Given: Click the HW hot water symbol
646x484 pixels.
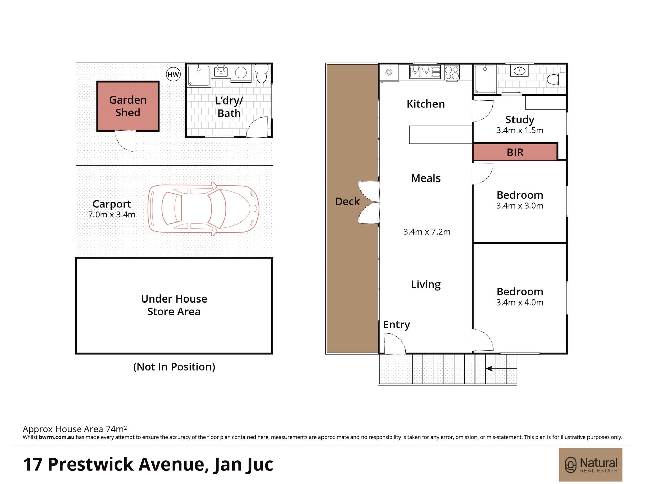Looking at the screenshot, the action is (x=173, y=74).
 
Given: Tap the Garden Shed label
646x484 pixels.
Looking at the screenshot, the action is (x=128, y=106).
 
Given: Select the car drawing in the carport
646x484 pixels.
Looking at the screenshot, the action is (x=203, y=208).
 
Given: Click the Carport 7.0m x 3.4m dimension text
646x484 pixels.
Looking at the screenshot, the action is (x=112, y=214).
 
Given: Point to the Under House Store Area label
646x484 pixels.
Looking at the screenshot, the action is (x=174, y=305).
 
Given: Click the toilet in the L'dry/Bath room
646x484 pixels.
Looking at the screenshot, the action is (x=261, y=74).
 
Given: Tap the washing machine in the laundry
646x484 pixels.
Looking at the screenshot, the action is (x=241, y=72).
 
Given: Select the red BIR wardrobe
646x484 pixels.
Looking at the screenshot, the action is (x=515, y=152).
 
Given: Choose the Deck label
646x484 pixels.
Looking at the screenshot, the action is (x=347, y=201).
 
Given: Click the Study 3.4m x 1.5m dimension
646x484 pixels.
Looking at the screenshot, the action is (x=520, y=130).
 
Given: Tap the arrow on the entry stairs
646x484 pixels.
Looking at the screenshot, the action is (x=501, y=369).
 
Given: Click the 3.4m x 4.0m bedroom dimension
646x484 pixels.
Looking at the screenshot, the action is (x=520, y=302).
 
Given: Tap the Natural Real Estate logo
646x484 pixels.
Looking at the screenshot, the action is (x=591, y=465).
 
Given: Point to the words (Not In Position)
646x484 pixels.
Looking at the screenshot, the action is (x=174, y=367).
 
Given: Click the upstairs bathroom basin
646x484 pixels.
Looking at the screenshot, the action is (x=520, y=71).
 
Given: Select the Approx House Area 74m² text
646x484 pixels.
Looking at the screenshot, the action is (x=75, y=429).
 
